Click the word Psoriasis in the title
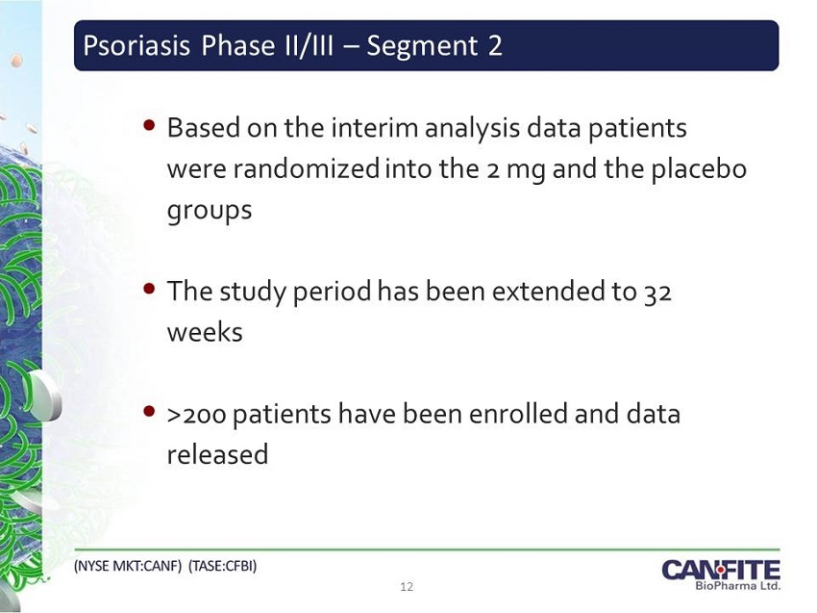pos(136,45)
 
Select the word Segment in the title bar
pos(422,46)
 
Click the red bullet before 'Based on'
pos(149,125)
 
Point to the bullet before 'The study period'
pos(149,289)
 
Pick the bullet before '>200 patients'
pos(149,412)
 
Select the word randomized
pos(306,168)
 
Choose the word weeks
pos(205,332)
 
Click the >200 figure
pos(196,415)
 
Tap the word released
pos(217,454)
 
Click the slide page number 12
pos(407,587)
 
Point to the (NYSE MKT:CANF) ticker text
pos(128,566)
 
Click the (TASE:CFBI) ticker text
pos(222,566)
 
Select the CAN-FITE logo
pos(721,575)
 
